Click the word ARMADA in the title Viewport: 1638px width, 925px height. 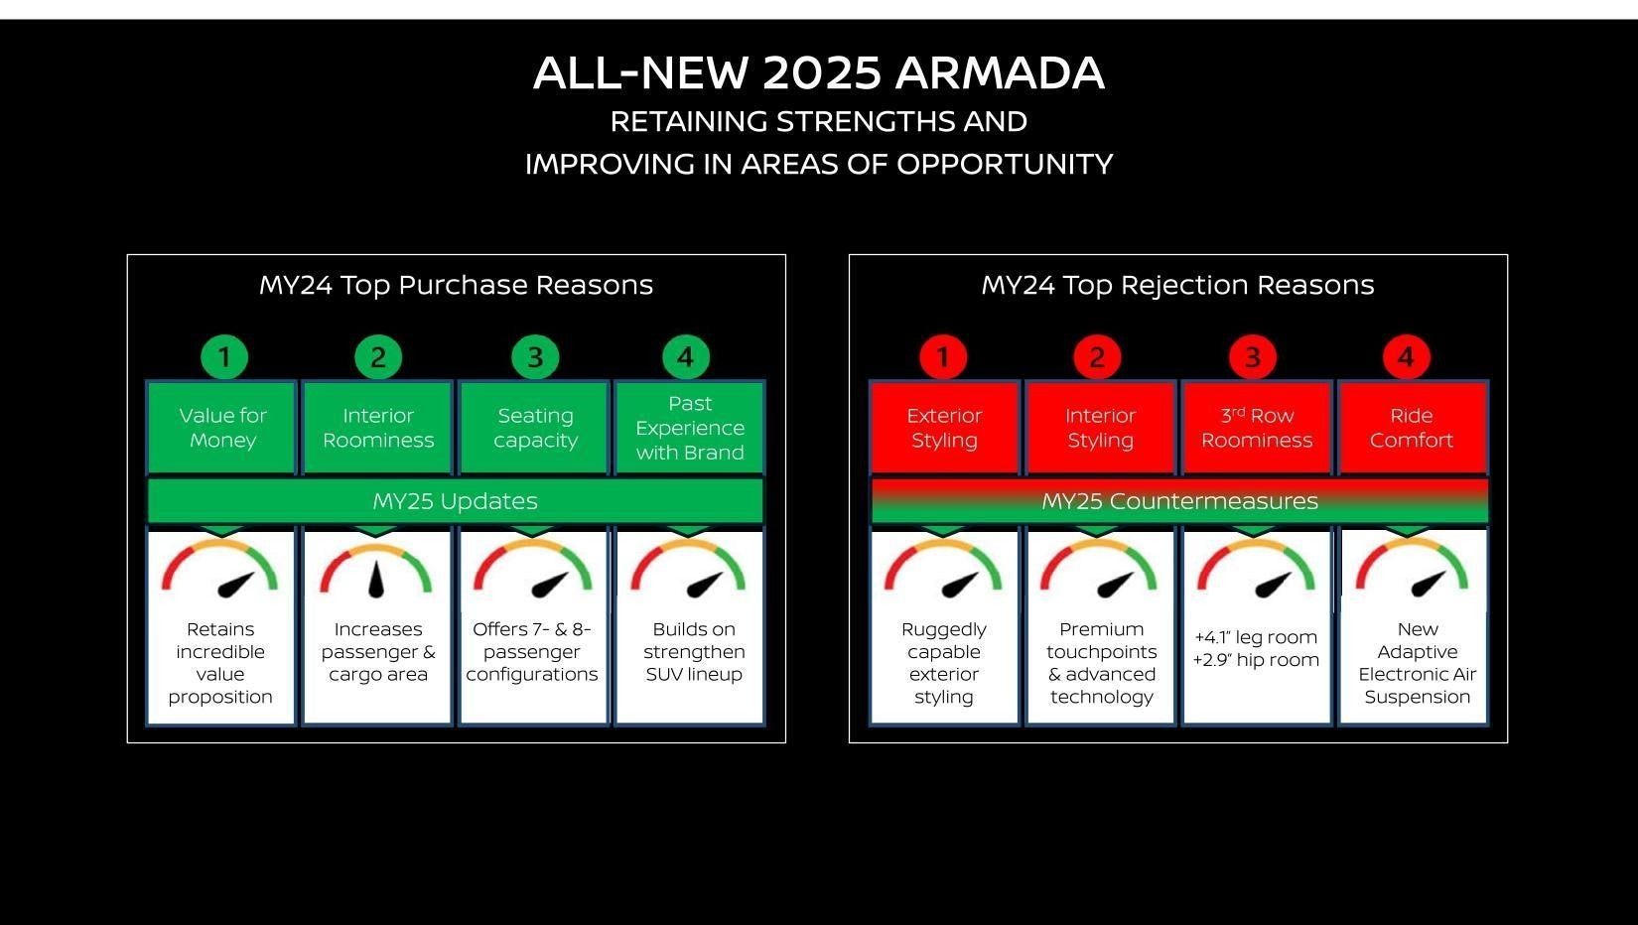999,73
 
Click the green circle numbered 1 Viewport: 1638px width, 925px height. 224,357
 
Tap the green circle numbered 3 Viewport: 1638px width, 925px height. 535,357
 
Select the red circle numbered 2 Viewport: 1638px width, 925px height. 1097,357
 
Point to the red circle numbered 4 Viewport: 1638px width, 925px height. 1406,357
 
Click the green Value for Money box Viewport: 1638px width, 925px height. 222,428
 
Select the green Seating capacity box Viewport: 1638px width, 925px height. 535,428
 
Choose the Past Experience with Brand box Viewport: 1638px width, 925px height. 690,428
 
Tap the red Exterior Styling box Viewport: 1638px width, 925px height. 944,428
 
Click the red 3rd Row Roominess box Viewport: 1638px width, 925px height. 1257,428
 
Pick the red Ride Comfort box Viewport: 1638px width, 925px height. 1412,428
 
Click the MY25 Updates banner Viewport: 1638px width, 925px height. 455,501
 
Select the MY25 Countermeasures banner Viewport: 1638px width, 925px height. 1179,501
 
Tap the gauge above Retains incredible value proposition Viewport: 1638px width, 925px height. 220,571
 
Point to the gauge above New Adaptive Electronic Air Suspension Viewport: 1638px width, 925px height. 1412,571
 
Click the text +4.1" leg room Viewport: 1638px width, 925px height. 1256,637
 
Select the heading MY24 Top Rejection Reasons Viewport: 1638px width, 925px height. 1177,286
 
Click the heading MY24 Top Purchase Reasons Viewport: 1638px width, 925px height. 456,286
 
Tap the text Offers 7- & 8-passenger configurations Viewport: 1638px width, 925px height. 532,652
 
